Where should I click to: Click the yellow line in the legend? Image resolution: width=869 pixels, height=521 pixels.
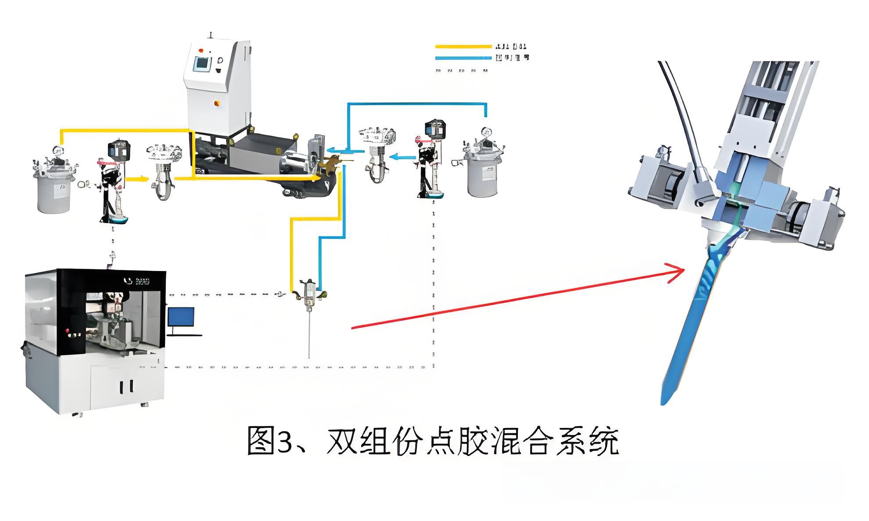(463, 46)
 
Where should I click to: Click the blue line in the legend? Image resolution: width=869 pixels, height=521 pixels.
(463, 57)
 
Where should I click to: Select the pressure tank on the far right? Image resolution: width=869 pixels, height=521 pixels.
(482, 171)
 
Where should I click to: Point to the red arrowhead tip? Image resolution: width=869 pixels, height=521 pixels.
(683, 269)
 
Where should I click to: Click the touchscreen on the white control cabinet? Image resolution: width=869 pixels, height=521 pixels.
(201, 63)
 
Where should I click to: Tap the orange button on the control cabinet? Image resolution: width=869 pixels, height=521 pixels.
(216, 103)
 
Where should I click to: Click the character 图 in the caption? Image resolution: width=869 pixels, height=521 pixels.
(261, 441)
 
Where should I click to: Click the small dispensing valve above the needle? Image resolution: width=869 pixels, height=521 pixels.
(310, 291)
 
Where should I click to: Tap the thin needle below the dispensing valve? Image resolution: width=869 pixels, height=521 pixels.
(309, 333)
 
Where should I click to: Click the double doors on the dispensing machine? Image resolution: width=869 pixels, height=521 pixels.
(126, 386)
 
